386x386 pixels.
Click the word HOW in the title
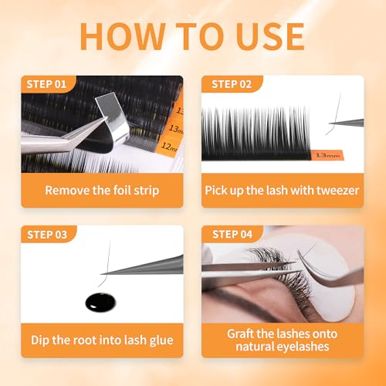point(123,36)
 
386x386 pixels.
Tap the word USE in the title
point(271,36)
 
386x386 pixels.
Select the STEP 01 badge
point(48,84)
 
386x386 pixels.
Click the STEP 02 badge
point(232,84)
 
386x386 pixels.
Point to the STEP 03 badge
point(48,235)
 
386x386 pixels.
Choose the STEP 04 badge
point(232,234)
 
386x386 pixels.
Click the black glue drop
point(100,303)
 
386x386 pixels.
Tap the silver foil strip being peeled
point(113,116)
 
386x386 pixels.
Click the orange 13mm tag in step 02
point(327,155)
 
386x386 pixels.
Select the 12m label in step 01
point(169,147)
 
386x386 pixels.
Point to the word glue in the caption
point(161,340)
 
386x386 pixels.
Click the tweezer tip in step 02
point(330,124)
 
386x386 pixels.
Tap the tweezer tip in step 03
point(102,273)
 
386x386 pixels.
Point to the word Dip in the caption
point(40,340)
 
